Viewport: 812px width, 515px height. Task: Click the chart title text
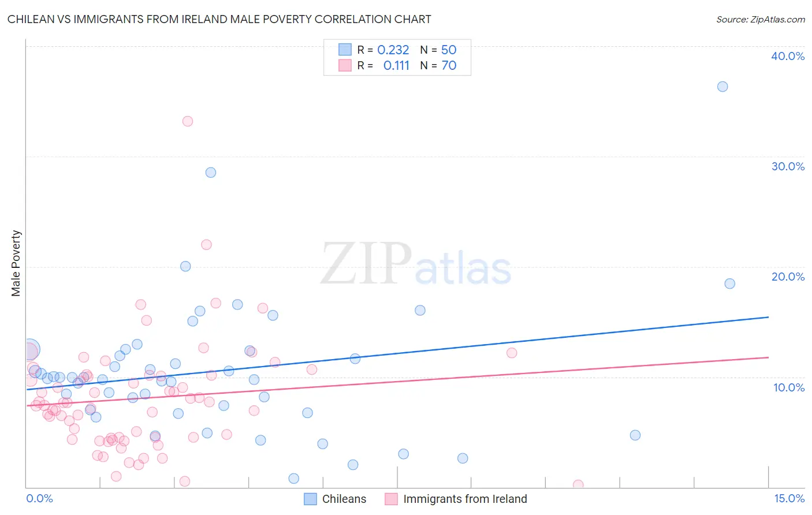click(x=219, y=19)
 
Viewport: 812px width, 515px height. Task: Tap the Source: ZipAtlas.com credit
click(x=760, y=19)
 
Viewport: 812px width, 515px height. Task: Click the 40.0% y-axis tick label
click(x=788, y=56)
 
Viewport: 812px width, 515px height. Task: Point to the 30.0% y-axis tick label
click(x=788, y=166)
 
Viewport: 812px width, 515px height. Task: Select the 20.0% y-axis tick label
click(x=788, y=277)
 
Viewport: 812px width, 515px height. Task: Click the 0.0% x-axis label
click(x=39, y=498)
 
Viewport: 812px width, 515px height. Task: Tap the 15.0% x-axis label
click(x=789, y=498)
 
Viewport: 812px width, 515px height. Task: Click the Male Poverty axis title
click(x=16, y=263)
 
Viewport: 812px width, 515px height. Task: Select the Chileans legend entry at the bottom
click(x=344, y=499)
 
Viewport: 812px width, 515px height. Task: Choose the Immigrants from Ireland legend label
click(x=465, y=499)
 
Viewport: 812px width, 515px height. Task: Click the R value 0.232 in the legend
click(x=393, y=50)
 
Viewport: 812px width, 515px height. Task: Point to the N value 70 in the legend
click(x=449, y=66)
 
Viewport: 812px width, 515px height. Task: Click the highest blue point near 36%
click(x=722, y=87)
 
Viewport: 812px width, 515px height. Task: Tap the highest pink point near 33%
click(x=188, y=121)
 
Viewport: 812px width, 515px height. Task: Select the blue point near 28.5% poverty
click(x=211, y=173)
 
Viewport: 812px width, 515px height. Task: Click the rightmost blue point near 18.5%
click(x=730, y=283)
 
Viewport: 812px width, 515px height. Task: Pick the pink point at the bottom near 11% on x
click(x=578, y=484)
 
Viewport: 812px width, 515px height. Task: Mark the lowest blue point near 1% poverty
click(x=294, y=478)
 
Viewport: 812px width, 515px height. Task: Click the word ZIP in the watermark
click(x=366, y=263)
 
